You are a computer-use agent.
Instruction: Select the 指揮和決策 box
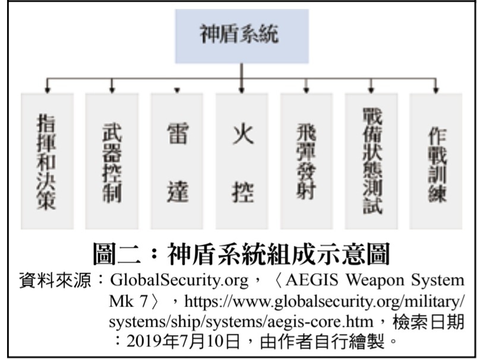(x=47, y=161)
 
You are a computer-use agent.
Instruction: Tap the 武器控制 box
(x=112, y=161)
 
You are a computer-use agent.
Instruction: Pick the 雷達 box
(x=176, y=161)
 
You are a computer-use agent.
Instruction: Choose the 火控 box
(x=242, y=161)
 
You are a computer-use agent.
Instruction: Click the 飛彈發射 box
(x=307, y=161)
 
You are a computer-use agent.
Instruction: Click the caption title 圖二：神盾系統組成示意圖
(x=241, y=255)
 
